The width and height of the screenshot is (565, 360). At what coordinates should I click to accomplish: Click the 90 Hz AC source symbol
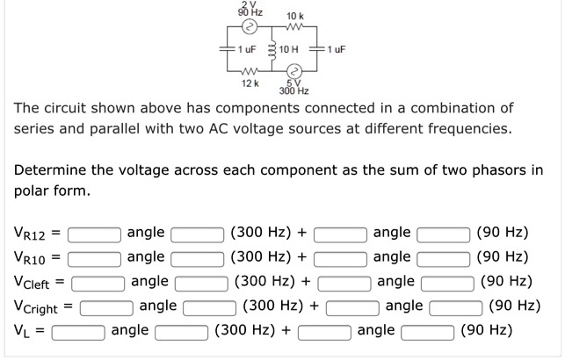250,26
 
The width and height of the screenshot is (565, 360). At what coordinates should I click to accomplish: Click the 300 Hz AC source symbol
294,71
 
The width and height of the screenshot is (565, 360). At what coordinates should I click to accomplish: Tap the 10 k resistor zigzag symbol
295,26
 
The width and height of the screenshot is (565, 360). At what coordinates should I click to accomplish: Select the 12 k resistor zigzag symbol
250,71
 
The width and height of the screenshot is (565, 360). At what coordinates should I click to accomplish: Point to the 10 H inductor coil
272,49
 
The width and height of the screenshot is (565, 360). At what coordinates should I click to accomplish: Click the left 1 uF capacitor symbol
228,49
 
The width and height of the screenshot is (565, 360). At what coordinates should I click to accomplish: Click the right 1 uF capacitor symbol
317,49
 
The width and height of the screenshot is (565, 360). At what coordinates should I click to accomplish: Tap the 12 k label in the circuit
250,83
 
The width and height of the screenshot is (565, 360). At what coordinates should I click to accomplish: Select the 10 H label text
288,49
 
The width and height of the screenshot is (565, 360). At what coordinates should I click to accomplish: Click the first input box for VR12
94,234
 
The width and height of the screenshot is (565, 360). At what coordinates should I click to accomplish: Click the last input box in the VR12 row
444,234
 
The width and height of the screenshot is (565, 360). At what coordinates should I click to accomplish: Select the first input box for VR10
94,259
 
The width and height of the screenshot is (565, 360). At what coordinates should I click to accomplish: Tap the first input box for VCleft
98,284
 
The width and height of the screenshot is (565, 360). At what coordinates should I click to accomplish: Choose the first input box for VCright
106,308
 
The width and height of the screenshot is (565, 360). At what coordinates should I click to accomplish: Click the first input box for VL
78,333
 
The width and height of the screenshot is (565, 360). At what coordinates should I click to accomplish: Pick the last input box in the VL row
428,333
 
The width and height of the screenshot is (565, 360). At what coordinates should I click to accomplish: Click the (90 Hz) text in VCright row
515,306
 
